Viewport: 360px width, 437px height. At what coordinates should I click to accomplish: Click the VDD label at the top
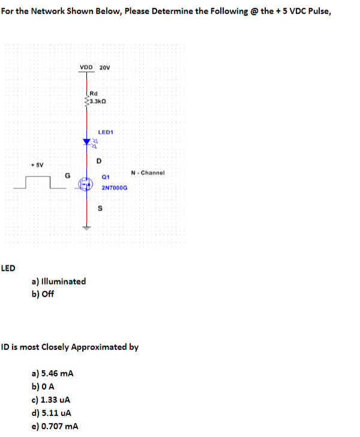point(86,67)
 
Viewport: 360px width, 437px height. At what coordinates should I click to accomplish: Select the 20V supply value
point(104,67)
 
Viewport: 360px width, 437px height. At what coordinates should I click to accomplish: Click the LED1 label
point(106,131)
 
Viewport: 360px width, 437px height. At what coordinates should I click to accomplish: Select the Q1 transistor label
point(106,178)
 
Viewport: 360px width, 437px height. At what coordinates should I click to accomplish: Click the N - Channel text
point(147,173)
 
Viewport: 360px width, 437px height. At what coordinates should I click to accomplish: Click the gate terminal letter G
point(68,175)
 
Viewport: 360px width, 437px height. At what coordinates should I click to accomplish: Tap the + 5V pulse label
point(37,164)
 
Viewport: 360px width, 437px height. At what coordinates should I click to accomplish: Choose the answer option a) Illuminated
point(58,281)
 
